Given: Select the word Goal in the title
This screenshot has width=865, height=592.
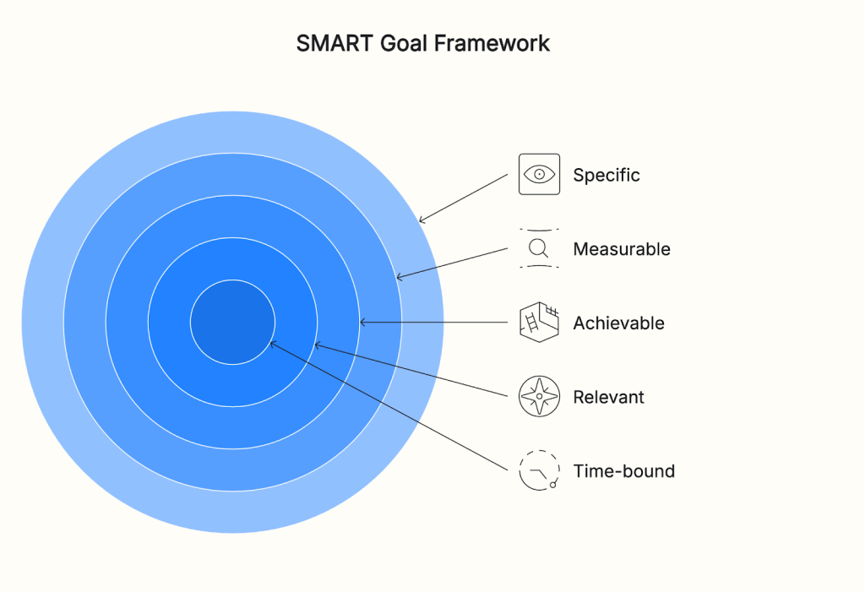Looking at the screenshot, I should pyautogui.click(x=402, y=44).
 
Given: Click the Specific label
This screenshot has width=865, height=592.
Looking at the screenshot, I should pyautogui.click(x=607, y=176).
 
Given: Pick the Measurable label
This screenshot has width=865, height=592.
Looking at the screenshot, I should pyautogui.click(x=622, y=249).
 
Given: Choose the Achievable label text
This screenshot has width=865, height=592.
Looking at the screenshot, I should pyautogui.click(x=618, y=323).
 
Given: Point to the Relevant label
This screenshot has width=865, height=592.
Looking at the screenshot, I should pyautogui.click(x=608, y=397).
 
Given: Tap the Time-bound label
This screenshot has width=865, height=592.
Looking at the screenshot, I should pyautogui.click(x=623, y=471).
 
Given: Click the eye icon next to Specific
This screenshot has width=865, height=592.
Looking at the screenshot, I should pyautogui.click(x=539, y=175).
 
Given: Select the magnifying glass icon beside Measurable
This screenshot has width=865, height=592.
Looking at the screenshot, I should pyautogui.click(x=539, y=248).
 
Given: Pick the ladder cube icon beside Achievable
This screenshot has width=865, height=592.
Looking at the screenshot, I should pyautogui.click(x=539, y=323).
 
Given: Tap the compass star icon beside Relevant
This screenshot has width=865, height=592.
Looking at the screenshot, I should pyautogui.click(x=539, y=397).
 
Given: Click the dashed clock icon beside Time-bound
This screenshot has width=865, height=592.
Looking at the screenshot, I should pyautogui.click(x=539, y=470).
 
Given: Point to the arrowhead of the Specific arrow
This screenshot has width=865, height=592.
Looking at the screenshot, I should pyautogui.click(x=422, y=221).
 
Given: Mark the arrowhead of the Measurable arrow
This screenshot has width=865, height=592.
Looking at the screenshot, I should pyautogui.click(x=400, y=277).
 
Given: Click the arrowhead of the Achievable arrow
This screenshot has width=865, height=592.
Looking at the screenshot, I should pyautogui.click(x=362, y=323).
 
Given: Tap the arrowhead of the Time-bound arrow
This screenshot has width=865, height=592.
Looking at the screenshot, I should pyautogui.click(x=272, y=343).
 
